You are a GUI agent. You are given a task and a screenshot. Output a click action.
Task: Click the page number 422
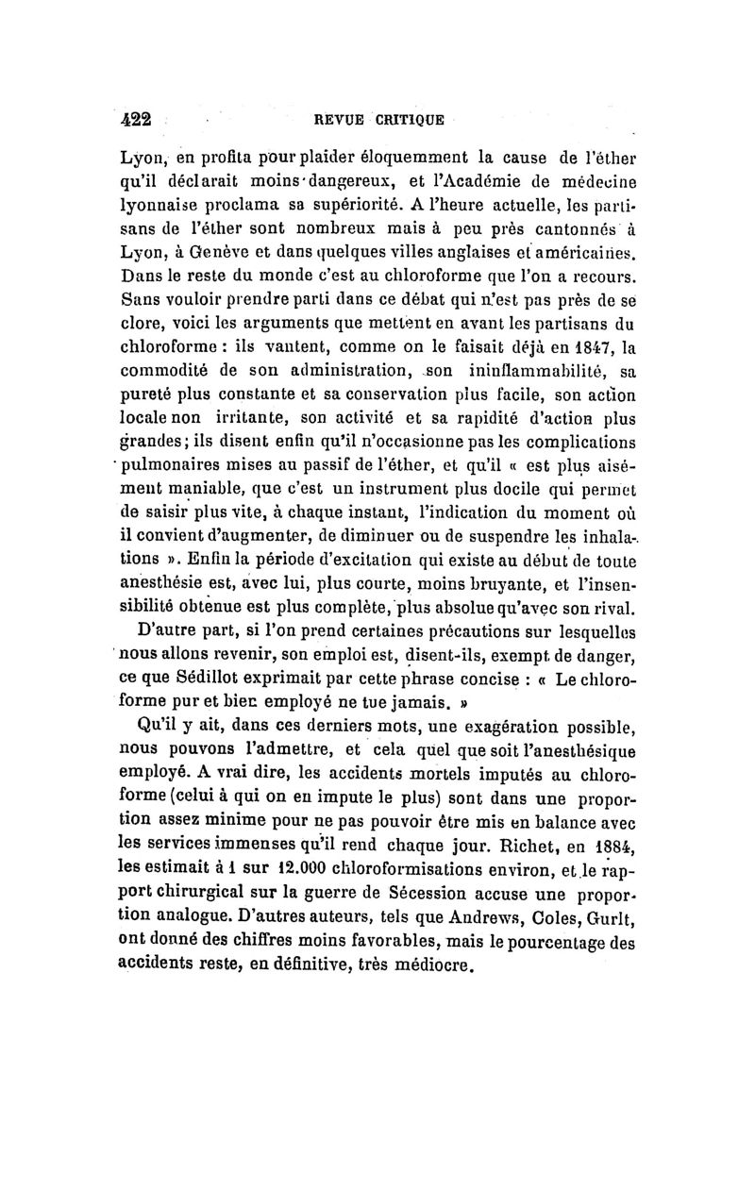138,120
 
